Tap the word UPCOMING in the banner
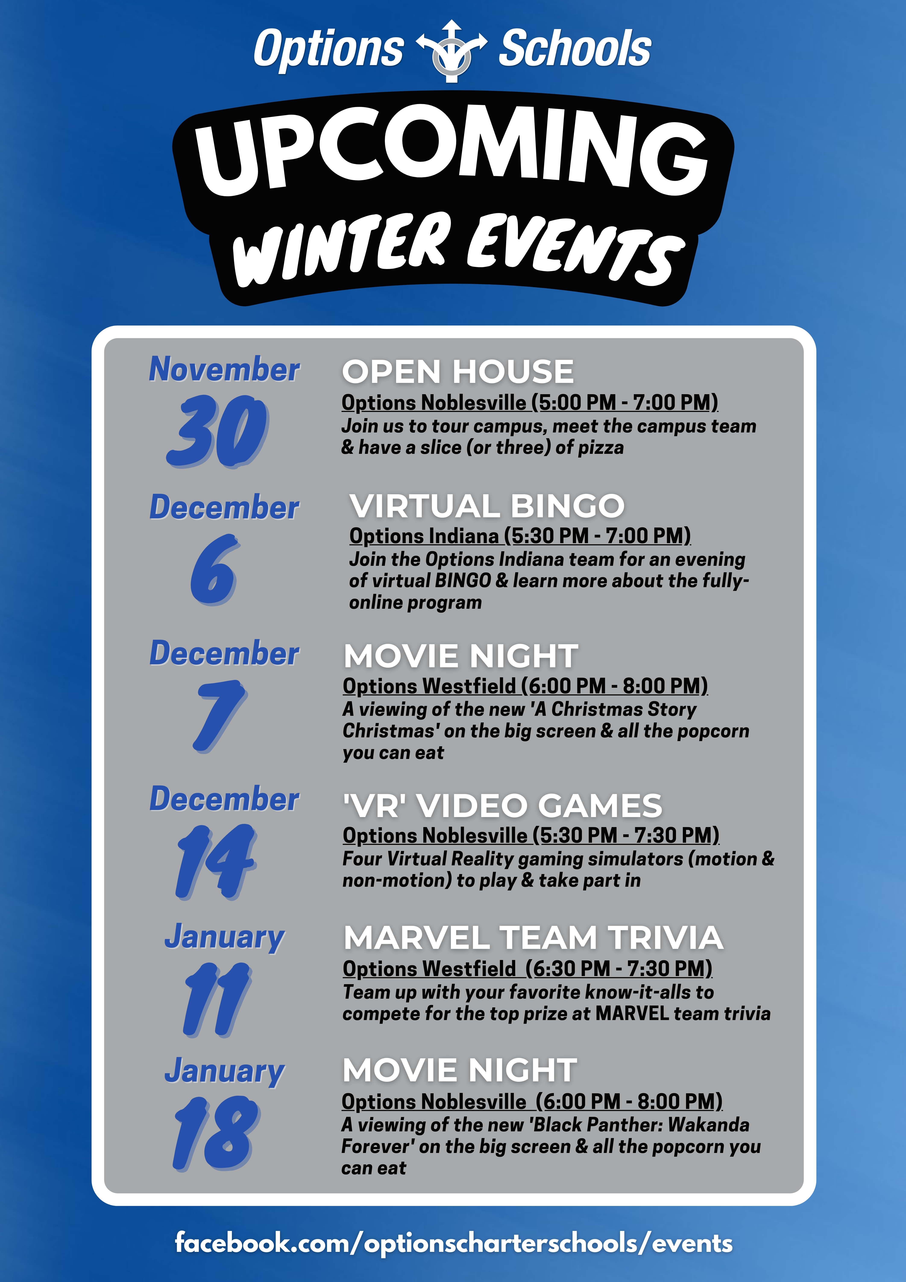(452, 151)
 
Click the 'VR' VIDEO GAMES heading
(502, 805)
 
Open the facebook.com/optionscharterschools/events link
(453, 1243)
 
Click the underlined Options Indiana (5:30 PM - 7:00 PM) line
(520, 536)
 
